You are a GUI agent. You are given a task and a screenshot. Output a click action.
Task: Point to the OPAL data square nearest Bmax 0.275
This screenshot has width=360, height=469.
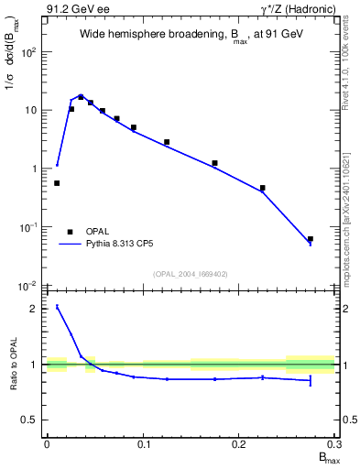[311, 239]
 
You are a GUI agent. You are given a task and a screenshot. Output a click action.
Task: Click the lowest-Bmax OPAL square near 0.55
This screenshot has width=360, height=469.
[57, 183]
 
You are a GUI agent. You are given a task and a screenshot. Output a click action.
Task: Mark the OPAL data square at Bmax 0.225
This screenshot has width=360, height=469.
[262, 188]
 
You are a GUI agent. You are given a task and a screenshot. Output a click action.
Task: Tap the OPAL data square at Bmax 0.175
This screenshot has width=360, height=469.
[214, 163]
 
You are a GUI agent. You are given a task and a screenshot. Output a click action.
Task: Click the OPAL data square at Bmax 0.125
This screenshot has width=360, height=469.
[167, 142]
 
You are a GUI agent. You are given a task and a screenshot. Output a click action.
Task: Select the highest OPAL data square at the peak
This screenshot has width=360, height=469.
[81, 97]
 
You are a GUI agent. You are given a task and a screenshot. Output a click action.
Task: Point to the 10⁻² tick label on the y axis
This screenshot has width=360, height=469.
[27, 286]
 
